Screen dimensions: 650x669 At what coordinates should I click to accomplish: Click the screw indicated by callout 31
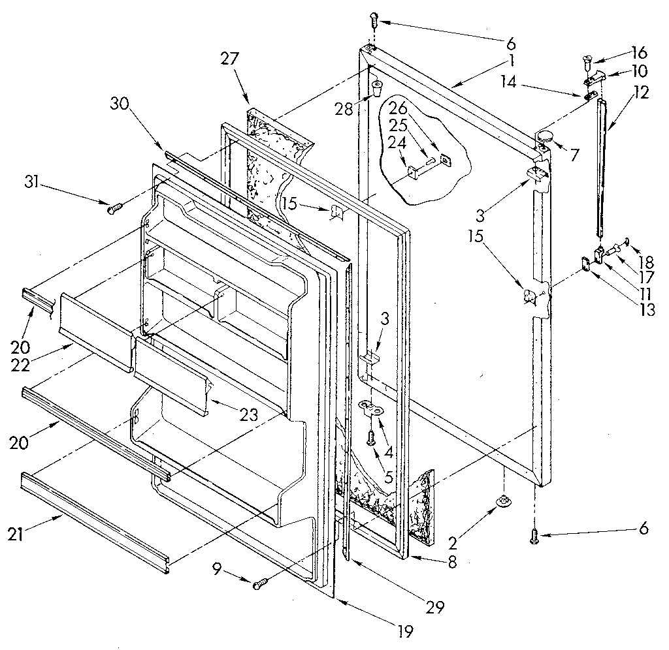115,208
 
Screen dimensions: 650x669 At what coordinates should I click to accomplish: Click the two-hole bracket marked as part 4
372,409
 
